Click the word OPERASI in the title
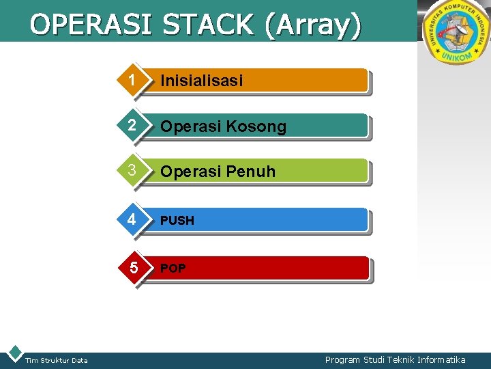point(93,25)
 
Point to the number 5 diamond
point(134,268)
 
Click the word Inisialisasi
point(201,81)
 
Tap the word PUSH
point(177,221)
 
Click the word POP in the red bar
point(173,269)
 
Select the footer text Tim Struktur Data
point(56,360)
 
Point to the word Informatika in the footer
point(441,359)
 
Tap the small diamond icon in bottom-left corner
point(14,353)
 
